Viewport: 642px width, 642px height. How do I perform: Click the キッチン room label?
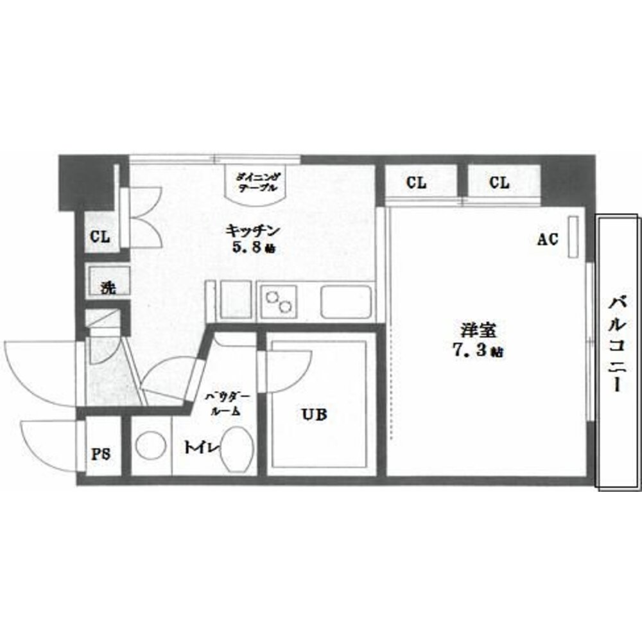(253, 230)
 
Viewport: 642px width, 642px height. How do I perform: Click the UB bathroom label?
(314, 415)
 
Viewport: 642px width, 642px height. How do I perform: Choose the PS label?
(100, 454)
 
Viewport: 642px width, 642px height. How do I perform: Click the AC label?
(547, 239)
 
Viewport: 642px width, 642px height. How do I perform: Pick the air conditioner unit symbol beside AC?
(573, 238)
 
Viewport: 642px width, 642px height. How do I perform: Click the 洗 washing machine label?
(108, 288)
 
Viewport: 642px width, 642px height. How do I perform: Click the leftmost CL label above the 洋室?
(416, 183)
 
